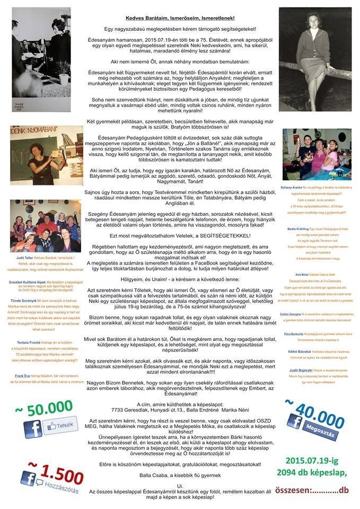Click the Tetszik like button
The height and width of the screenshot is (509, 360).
pyautogui.click(x=62, y=425)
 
